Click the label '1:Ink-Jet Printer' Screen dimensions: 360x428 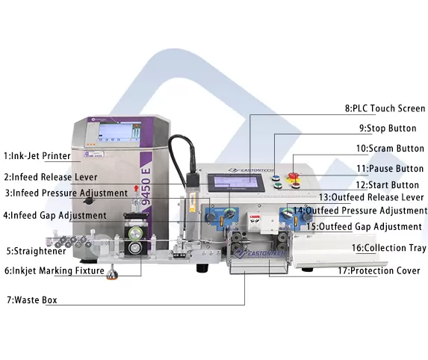click(x=37, y=156)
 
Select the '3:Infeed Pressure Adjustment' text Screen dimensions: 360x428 click(x=65, y=193)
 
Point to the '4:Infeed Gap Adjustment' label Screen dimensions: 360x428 click(x=55, y=215)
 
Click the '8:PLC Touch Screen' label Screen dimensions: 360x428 click(x=385, y=108)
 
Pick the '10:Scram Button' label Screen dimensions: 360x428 click(x=389, y=149)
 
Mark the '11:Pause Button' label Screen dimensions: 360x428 click(x=389, y=169)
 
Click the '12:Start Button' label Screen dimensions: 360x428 click(x=389, y=184)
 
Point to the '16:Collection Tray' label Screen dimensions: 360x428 click(x=389, y=247)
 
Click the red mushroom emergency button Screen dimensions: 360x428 click(x=294, y=161)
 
